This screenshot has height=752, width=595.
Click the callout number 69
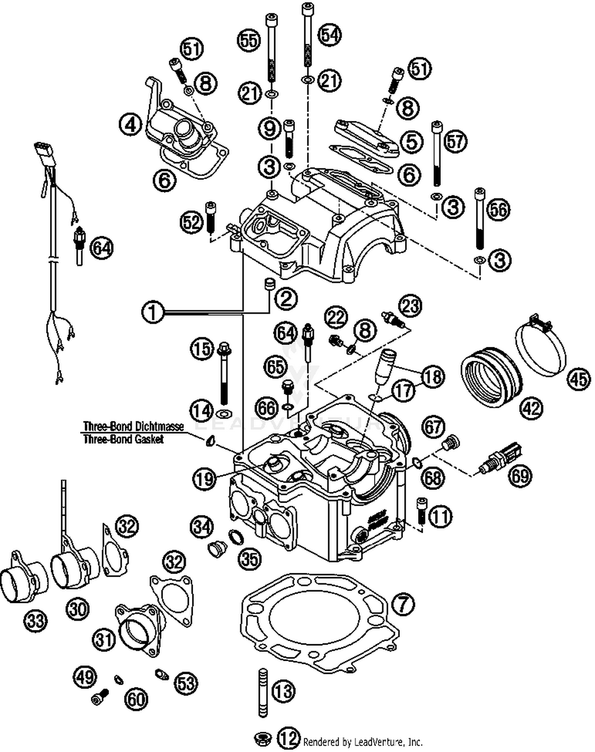pyautogui.click(x=520, y=475)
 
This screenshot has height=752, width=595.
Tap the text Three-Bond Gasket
pyautogui.click(x=123, y=439)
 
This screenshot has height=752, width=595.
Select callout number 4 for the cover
pyautogui.click(x=131, y=125)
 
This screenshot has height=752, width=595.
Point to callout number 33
pyautogui.click(x=36, y=620)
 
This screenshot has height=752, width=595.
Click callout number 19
pyautogui.click(x=205, y=479)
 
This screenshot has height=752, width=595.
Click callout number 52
pyautogui.click(x=192, y=222)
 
